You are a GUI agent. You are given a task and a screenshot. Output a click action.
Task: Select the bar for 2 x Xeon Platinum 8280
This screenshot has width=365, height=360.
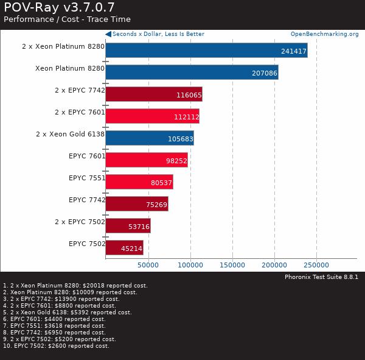pos(206,50)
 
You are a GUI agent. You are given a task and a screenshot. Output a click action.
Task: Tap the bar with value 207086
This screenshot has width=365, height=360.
pos(192,72)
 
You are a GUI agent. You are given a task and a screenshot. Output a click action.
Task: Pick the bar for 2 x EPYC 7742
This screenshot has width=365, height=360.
pos(153,94)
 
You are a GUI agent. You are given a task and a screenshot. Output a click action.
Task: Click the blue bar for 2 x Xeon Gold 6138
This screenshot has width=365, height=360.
pos(150,138)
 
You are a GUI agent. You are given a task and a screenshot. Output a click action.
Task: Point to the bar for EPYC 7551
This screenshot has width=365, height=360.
pos(139,182)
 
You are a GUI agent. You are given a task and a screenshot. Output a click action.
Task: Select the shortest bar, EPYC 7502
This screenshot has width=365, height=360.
pos(124,247)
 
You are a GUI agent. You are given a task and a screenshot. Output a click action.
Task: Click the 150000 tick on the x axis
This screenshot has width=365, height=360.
pos(232,265)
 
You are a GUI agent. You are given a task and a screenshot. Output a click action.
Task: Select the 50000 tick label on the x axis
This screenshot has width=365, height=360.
pos(148,265)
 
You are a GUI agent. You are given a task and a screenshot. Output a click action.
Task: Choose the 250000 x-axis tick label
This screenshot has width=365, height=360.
pos(316,265)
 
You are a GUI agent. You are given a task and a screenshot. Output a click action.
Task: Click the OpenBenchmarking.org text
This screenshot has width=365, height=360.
pos(324,34)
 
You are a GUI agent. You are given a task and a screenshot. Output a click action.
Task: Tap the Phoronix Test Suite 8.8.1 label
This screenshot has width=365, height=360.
pos(321,277)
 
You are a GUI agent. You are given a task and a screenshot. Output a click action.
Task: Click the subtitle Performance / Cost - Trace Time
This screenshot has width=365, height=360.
pos(67,19)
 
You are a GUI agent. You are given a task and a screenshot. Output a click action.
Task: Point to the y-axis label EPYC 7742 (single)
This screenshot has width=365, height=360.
pos(87,200)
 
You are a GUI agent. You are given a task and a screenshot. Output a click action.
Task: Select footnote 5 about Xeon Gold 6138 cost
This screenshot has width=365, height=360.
pos(67,312)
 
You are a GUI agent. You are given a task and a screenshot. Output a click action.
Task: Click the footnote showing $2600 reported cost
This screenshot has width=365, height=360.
pos(56,346)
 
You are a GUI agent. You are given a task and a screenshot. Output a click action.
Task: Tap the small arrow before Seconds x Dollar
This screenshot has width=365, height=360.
pos(108,34)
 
